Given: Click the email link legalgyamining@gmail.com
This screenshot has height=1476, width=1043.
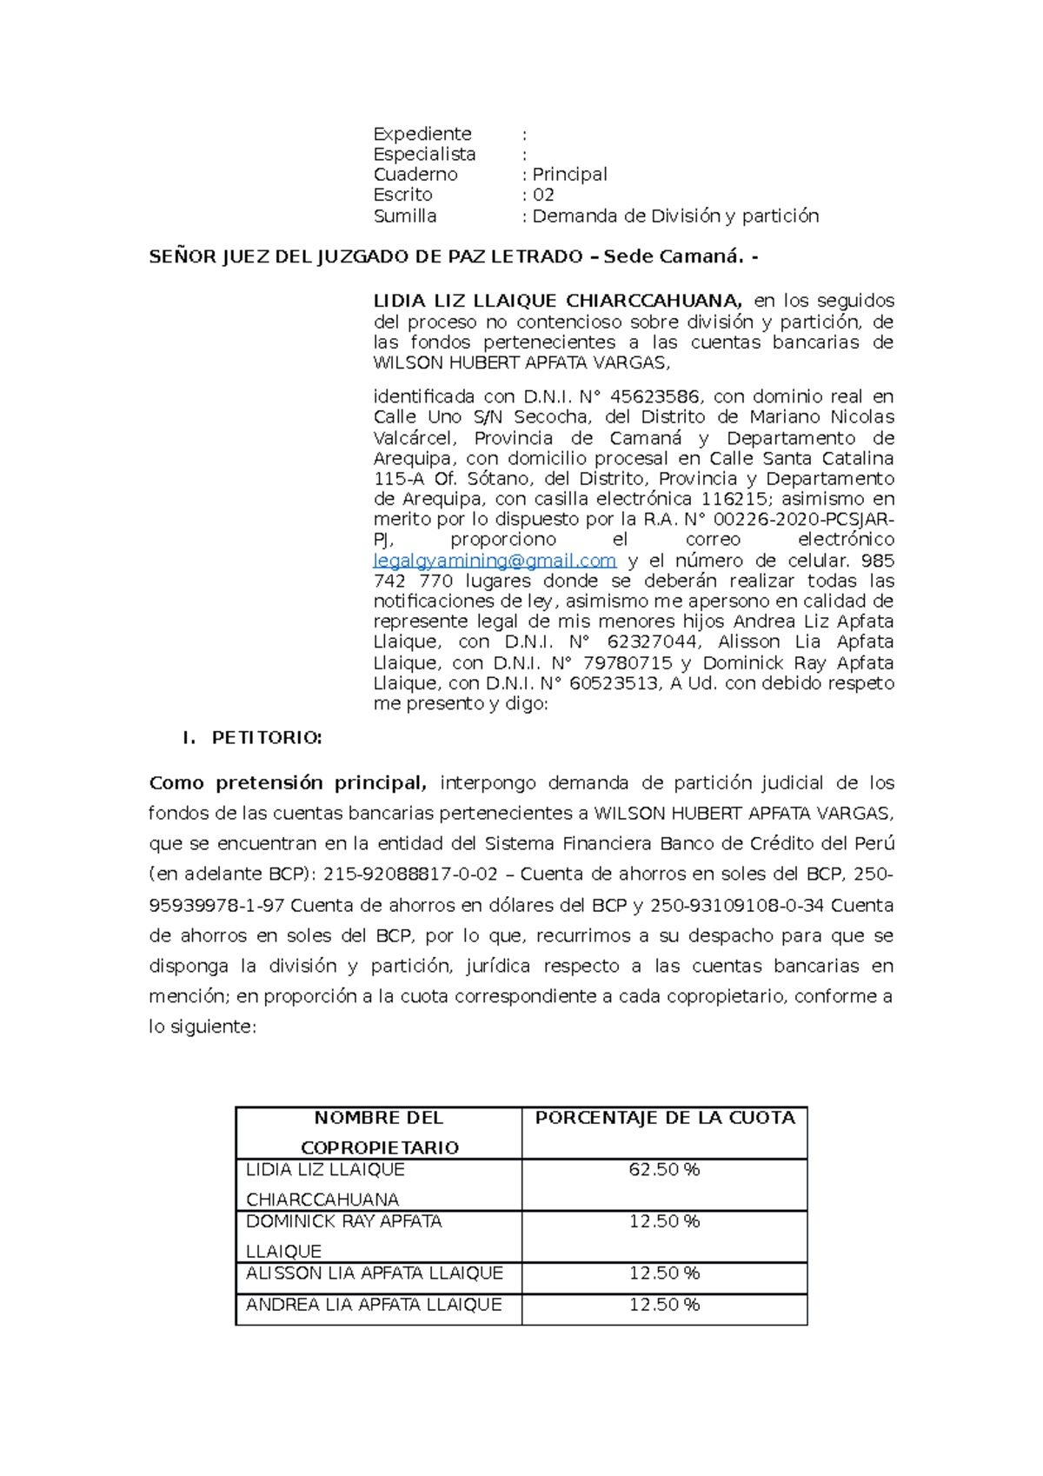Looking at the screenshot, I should [494, 561].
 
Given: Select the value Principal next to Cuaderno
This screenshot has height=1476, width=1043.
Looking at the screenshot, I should [569, 175].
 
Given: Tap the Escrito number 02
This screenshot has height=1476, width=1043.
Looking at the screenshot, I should [543, 195].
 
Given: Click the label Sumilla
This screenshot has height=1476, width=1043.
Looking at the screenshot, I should [405, 216].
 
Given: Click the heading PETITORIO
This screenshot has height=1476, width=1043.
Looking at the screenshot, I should [267, 738].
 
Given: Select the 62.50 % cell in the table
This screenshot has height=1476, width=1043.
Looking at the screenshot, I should [664, 1170].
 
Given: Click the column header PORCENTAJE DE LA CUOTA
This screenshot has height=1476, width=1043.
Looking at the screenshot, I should [665, 1118].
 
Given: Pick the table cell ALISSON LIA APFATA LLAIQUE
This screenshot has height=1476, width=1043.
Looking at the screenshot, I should [375, 1273].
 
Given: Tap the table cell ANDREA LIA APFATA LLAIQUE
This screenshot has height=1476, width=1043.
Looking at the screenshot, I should [374, 1305].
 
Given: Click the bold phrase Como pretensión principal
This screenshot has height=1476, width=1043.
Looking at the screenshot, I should [288, 783].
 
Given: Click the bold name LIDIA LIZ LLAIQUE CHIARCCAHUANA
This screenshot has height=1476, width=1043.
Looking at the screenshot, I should [557, 302].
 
